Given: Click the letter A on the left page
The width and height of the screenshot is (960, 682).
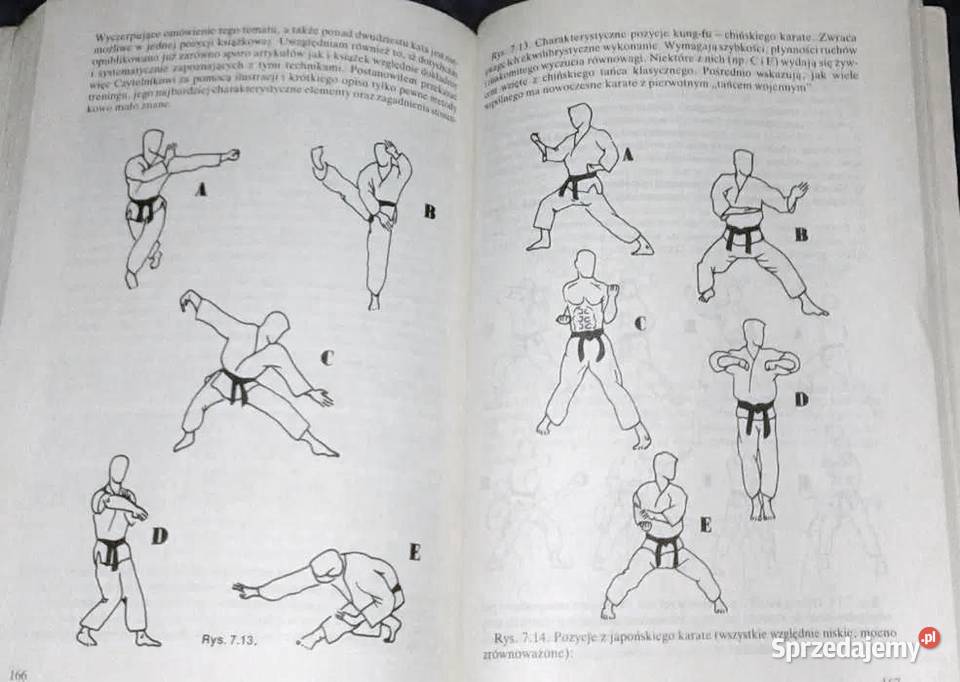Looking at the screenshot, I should coord(200,188).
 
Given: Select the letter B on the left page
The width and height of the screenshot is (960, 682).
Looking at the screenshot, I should coord(429,211).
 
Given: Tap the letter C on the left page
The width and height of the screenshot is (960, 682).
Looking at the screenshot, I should coord(327,356).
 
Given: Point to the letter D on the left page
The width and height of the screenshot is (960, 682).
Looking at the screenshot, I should coord(159,537).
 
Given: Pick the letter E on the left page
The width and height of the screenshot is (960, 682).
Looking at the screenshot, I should coord(414,552).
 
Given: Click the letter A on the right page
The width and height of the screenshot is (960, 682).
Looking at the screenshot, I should coord(627,154).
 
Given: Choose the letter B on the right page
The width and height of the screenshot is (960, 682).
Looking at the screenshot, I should coord(800,235).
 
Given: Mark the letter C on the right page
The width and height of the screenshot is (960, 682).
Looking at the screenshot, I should coord(640,322).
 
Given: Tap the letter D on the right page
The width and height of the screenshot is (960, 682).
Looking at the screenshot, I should coord(800,400).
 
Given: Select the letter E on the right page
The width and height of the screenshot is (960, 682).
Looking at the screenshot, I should coord(705,524).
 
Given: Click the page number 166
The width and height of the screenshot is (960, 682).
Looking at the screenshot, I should coord(17,671).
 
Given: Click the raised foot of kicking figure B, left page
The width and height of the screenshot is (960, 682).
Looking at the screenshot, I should coord(318,158).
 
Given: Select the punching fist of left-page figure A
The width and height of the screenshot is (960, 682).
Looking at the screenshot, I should coord(233,155).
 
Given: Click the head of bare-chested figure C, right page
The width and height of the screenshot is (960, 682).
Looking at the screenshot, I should coord(586,265).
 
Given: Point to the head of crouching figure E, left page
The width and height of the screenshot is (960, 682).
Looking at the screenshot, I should coord(325,564).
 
